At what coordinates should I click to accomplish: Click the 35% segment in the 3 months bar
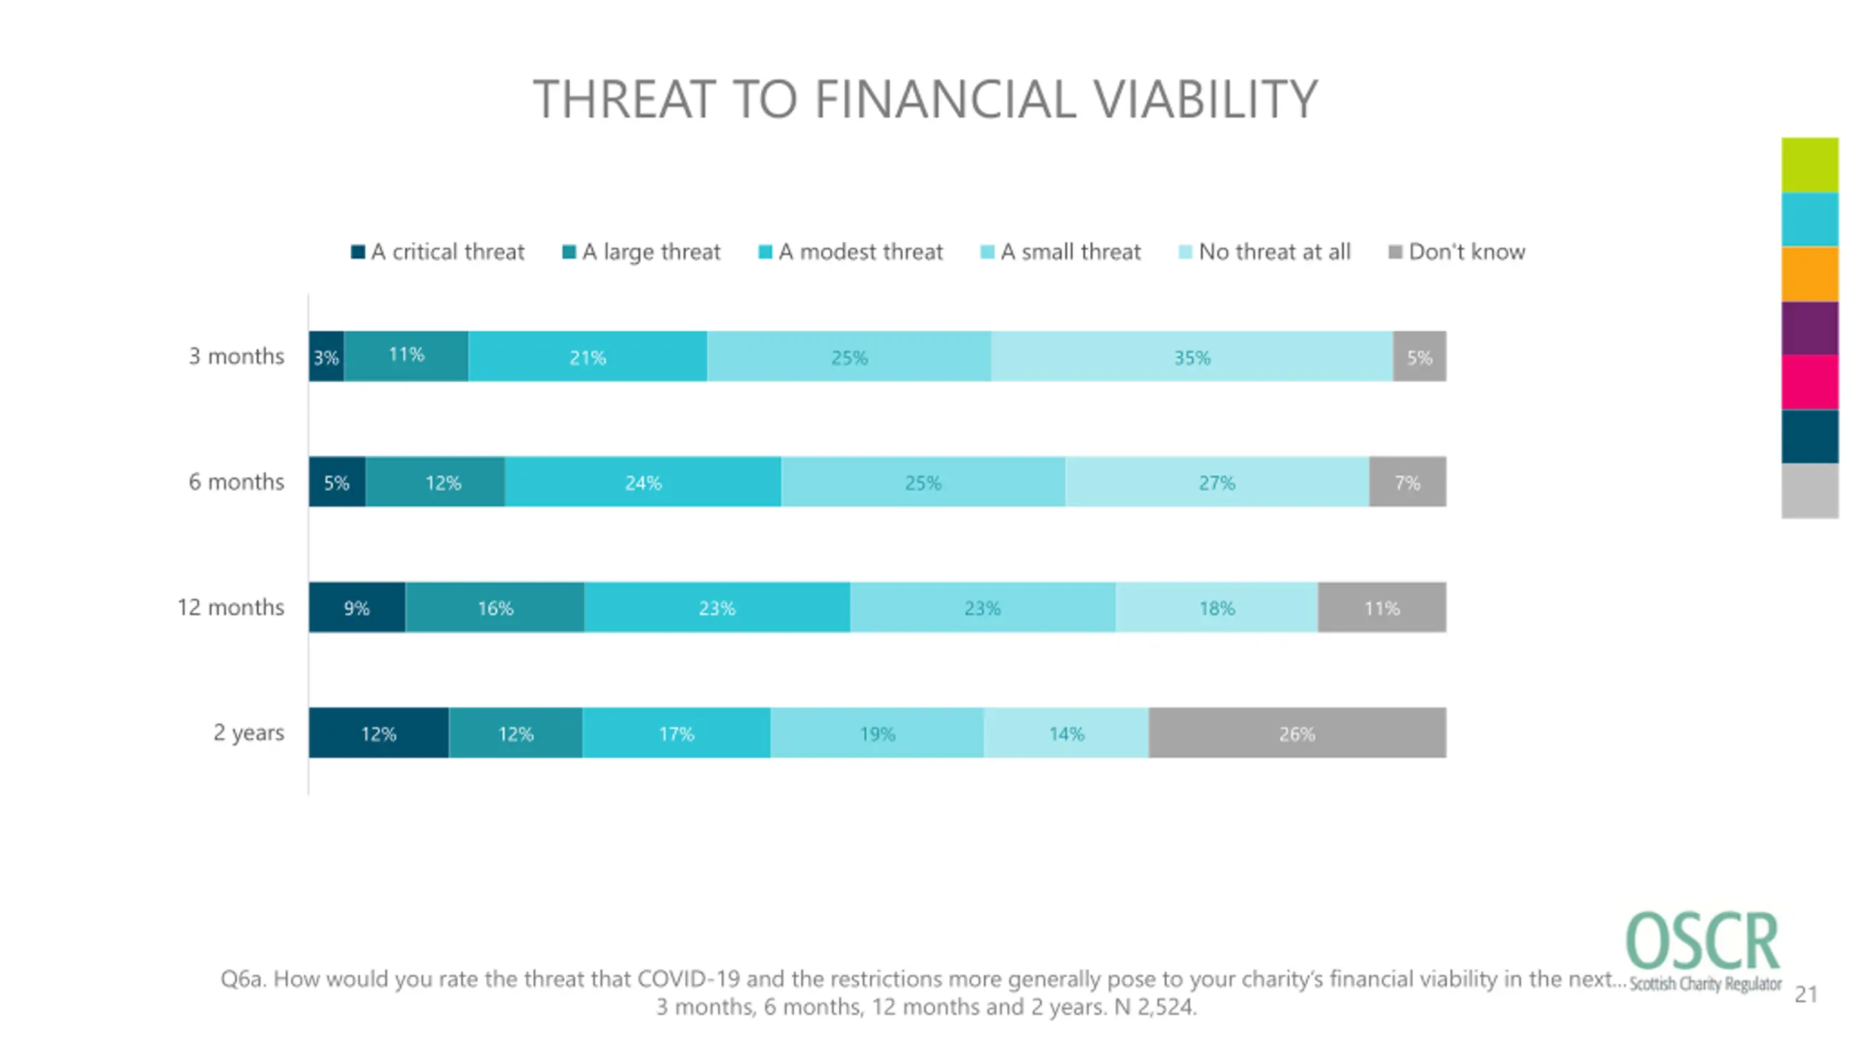(x=1192, y=356)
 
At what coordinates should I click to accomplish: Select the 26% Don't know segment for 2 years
(x=1297, y=732)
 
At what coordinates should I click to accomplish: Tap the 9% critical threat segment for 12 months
(x=357, y=607)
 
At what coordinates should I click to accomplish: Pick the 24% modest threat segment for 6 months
(x=643, y=481)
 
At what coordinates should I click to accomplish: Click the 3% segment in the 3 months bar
(x=326, y=356)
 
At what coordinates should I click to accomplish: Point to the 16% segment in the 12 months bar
(x=495, y=607)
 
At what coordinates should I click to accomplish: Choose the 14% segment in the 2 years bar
(x=1066, y=732)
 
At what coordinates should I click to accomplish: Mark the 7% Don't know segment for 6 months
(x=1408, y=481)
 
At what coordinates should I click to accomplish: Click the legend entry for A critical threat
(x=438, y=252)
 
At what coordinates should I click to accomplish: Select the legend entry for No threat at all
(x=1265, y=252)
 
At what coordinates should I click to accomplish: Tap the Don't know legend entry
(x=1457, y=252)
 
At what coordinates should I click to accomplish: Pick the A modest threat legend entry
(x=851, y=252)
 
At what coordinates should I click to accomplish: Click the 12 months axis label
(x=231, y=607)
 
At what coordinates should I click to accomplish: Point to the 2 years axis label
(x=249, y=733)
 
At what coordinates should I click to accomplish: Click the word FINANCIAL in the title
(x=946, y=99)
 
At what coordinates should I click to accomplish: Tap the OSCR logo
(x=1703, y=951)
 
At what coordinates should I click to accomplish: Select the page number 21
(x=1806, y=995)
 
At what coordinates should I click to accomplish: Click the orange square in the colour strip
(x=1810, y=274)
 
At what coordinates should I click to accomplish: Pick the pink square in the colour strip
(x=1810, y=382)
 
